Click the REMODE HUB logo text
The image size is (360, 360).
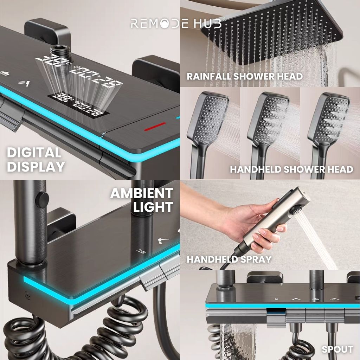pos(176,23)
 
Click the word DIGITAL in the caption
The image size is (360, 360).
pos(34,153)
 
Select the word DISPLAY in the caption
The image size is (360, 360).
pos(36,166)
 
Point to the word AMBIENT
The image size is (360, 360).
pos(142,193)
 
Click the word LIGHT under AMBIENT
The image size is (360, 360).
pos(153,207)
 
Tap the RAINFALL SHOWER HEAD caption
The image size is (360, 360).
pos(244,76)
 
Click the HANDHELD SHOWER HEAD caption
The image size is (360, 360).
pos(291,169)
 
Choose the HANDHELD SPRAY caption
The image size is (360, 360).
pos(229,259)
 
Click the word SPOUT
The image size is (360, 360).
pos(337,349)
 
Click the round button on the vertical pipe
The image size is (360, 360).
pos(42,200)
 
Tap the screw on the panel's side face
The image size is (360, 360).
pos(28,296)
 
